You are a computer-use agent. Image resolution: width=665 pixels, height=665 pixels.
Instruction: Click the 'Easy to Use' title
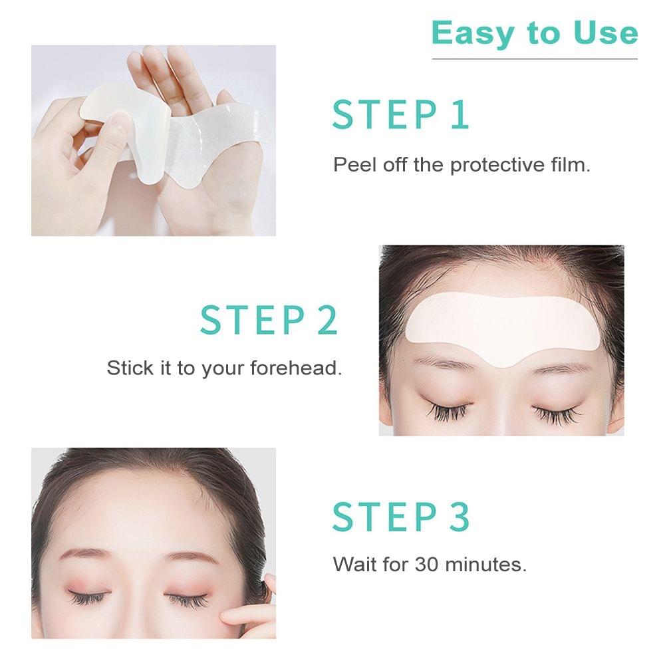click(x=534, y=33)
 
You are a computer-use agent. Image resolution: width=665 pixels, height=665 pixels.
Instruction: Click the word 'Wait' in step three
click(x=353, y=565)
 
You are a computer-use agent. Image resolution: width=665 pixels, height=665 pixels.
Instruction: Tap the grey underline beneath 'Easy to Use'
click(x=534, y=59)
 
